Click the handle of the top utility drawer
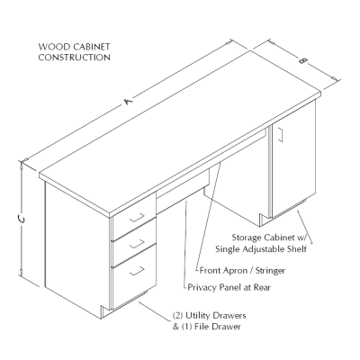coord(138,217)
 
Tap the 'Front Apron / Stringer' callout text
coord(238,269)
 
